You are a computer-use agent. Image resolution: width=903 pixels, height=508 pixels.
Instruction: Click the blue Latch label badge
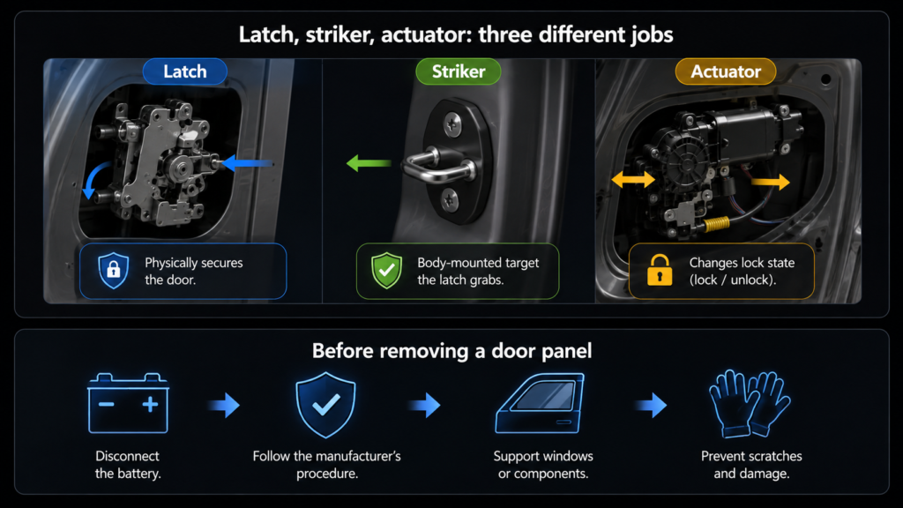(185, 71)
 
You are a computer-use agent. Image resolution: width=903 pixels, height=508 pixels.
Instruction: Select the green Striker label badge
(459, 71)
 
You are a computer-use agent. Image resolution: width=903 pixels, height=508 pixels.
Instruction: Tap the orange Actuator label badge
(726, 71)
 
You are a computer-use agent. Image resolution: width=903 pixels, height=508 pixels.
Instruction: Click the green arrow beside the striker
(369, 163)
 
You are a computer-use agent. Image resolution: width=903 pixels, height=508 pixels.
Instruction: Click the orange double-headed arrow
(633, 180)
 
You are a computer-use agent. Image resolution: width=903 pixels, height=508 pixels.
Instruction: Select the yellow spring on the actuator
(716, 223)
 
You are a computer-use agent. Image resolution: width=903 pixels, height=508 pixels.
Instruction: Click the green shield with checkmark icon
(386, 270)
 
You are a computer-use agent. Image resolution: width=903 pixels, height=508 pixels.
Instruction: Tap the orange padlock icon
(660, 270)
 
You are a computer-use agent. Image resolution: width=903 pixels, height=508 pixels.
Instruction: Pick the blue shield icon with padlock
(114, 270)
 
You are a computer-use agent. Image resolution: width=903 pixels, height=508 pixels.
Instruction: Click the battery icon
(128, 403)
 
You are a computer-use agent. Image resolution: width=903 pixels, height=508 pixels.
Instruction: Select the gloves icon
(750, 403)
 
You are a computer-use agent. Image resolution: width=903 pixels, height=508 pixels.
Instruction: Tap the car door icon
(541, 403)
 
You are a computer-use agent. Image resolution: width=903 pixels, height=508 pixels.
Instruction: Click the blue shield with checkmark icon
(325, 404)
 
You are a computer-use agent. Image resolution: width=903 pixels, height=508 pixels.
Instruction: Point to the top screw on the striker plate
(452, 123)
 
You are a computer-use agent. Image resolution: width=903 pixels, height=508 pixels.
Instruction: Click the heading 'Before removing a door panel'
(452, 351)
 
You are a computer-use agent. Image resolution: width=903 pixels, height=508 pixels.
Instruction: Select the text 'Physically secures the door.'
(193, 272)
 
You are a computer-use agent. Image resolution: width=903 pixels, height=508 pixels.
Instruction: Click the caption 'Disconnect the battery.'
(128, 465)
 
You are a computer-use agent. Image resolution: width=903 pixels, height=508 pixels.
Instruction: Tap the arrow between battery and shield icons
(225, 405)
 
